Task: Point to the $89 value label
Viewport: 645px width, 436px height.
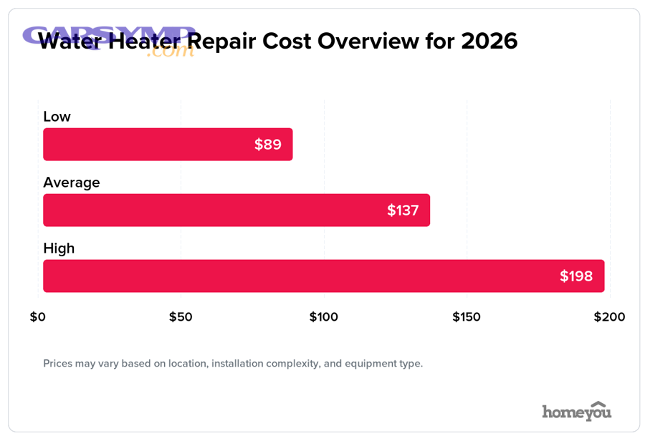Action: tap(268, 145)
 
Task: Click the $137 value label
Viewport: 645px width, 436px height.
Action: tap(403, 210)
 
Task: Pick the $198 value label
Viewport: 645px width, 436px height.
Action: tap(576, 276)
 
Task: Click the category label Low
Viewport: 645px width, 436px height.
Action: tap(57, 117)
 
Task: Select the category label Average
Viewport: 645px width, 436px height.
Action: tap(72, 183)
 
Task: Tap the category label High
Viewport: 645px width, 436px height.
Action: tap(59, 248)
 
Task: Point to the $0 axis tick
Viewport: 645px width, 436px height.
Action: tap(38, 316)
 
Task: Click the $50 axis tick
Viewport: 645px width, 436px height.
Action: tap(181, 316)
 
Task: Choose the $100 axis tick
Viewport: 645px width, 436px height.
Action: tap(323, 316)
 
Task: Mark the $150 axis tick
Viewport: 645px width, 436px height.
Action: tap(467, 316)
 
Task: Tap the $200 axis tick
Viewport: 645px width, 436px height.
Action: tap(609, 316)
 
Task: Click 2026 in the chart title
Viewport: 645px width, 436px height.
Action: tap(489, 41)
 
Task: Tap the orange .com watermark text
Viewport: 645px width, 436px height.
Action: tap(170, 52)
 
